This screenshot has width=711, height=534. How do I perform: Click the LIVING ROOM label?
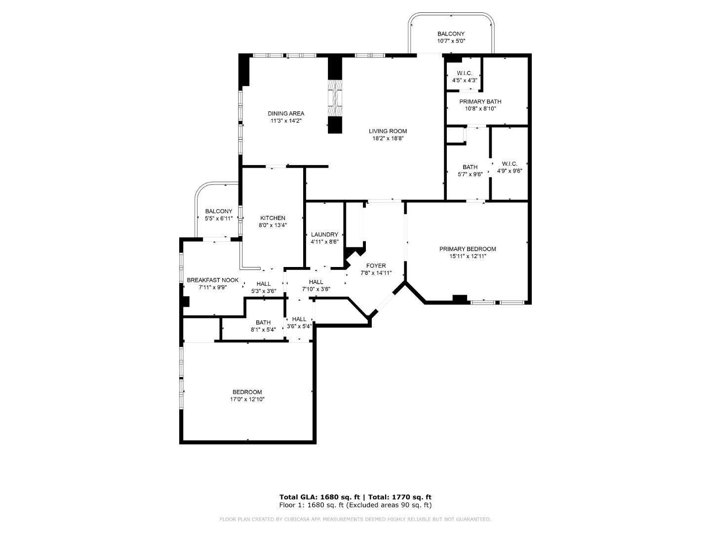(x=388, y=131)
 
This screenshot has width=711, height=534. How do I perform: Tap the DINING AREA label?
(x=286, y=113)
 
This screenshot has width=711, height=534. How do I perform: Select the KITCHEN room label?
(x=273, y=218)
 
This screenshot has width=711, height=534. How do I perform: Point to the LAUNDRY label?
(x=324, y=234)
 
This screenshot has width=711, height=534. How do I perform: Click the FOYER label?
(x=376, y=266)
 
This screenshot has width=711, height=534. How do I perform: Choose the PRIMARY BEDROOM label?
(x=468, y=249)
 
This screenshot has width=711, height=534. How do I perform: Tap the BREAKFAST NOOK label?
(x=212, y=280)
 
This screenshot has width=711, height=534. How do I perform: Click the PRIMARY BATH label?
(x=480, y=101)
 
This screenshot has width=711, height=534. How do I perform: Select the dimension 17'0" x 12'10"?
(x=247, y=399)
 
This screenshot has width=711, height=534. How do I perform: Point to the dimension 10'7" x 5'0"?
(x=451, y=41)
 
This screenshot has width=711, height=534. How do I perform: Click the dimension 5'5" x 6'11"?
(x=218, y=218)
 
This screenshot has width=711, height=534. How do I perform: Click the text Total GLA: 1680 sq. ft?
(x=319, y=497)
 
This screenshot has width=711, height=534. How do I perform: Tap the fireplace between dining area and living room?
(x=335, y=98)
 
